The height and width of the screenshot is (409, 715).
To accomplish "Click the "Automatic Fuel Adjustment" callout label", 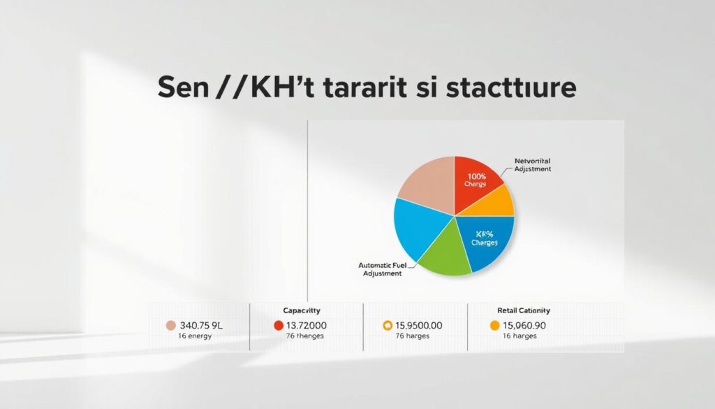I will click(380, 269).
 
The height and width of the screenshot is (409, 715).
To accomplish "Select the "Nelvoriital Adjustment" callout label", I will click(532, 165).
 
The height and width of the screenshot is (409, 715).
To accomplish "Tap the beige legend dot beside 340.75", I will click(170, 325).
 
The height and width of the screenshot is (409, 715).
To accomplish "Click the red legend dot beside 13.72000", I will click(279, 325).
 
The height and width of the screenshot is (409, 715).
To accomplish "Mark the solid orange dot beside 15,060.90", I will click(495, 325).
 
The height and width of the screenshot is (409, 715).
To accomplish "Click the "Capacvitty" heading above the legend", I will click(302, 310).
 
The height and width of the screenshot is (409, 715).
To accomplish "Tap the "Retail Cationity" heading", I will click(524, 310).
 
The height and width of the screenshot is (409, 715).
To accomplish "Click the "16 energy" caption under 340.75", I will click(195, 337).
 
